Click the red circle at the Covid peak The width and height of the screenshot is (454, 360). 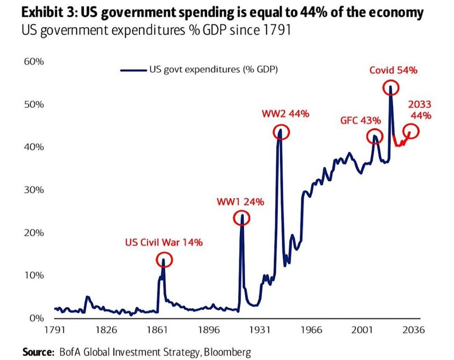point(390,88)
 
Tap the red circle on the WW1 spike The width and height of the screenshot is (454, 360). point(242,218)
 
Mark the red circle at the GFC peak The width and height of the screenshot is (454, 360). point(374,137)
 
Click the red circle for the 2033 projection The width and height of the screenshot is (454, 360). point(411,132)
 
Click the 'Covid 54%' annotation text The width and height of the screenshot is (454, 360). point(393,71)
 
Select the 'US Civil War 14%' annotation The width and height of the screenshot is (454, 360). point(164,242)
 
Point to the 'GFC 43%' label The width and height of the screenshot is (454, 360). point(361,121)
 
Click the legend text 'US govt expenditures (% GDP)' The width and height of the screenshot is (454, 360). point(214,70)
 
